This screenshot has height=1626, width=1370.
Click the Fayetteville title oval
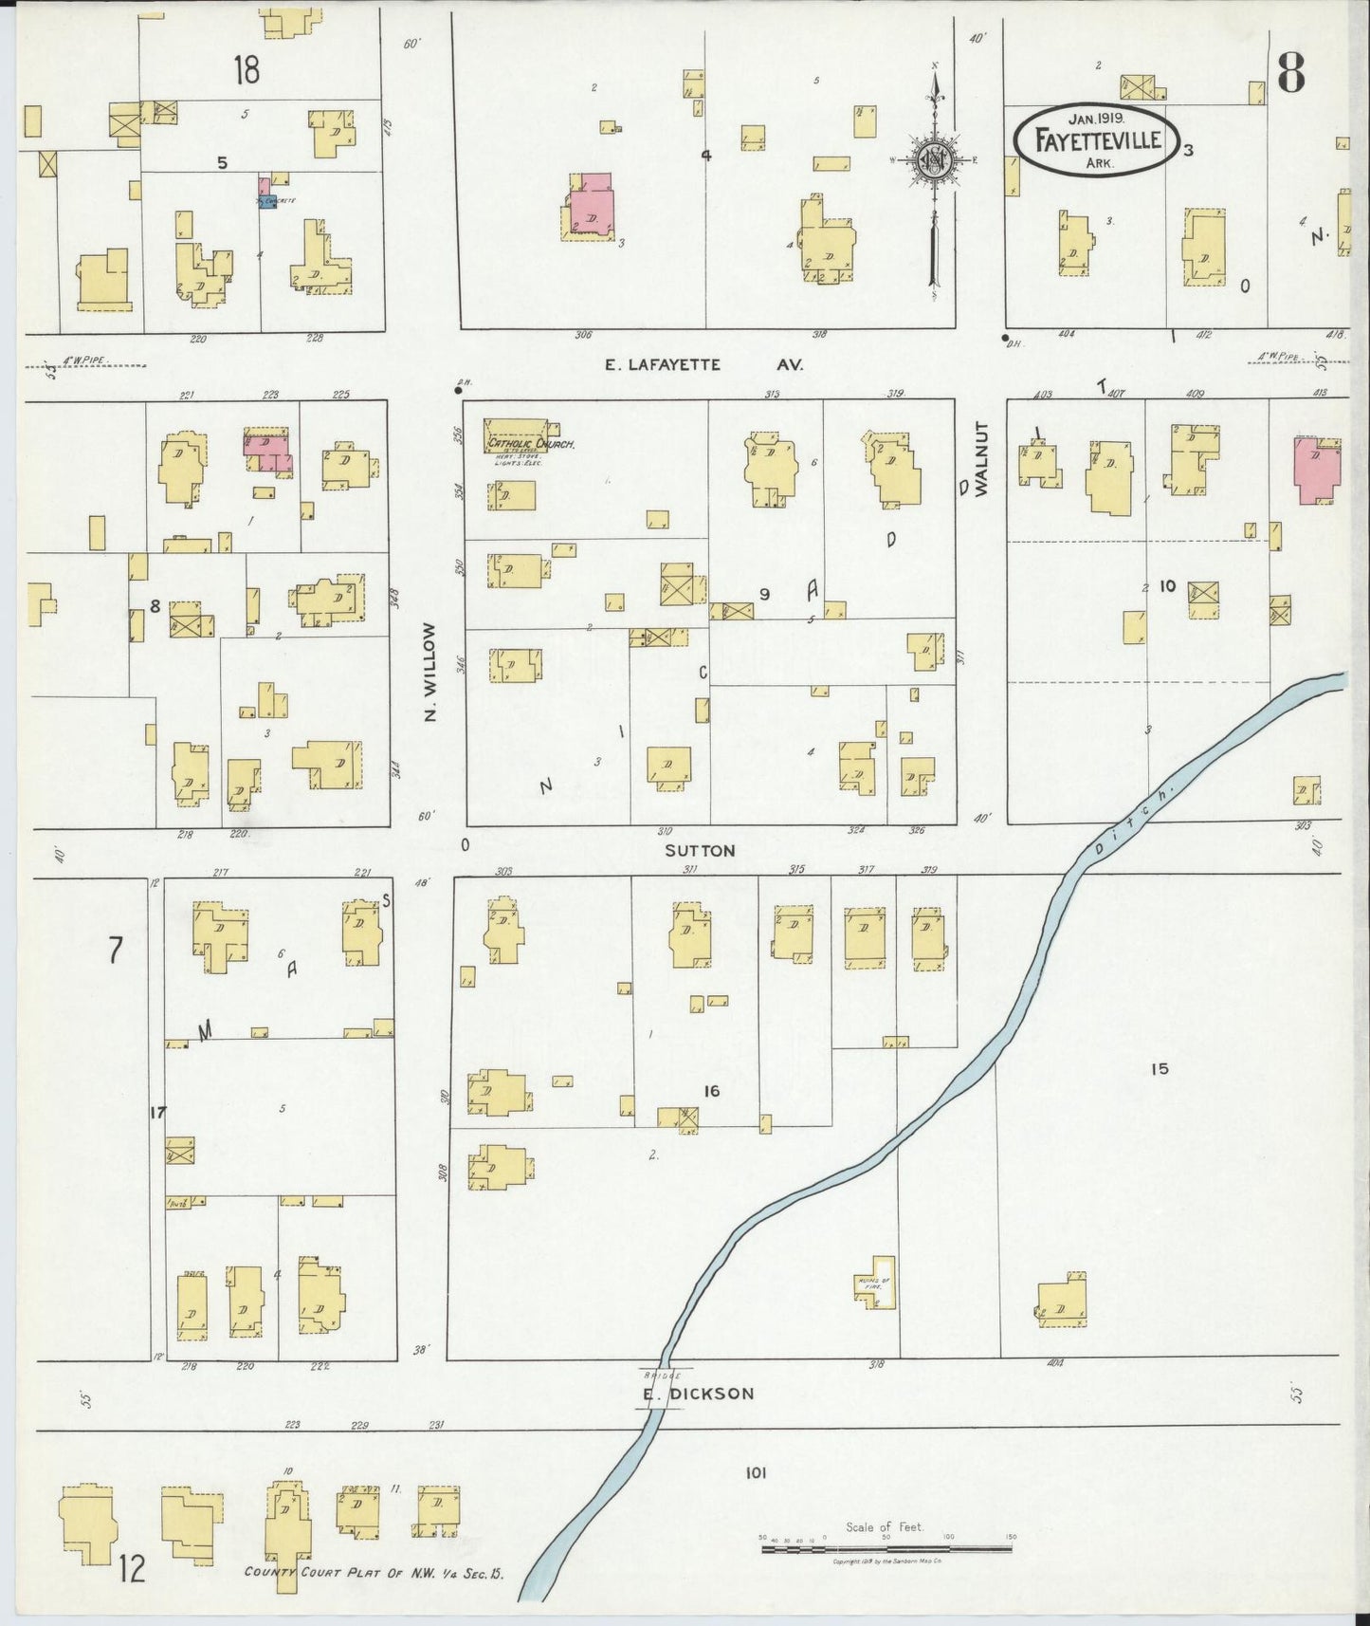point(1097,141)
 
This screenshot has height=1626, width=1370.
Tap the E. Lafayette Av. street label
point(704,364)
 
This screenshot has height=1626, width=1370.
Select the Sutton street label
point(700,851)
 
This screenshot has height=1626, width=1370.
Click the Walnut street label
point(980,459)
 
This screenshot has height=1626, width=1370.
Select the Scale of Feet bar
point(886,1549)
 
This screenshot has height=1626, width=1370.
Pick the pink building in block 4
point(591,205)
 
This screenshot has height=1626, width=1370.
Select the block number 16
point(711,1091)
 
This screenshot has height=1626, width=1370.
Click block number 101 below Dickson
point(755,1473)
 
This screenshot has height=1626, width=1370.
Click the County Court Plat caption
point(374,1572)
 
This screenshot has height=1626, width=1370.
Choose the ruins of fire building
point(876,1282)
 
